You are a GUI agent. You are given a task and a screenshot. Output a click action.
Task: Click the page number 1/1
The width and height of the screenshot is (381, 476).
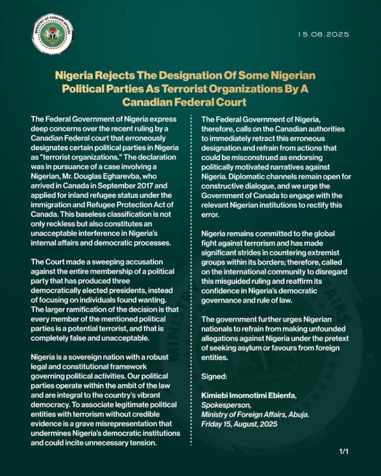coord(344,451)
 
